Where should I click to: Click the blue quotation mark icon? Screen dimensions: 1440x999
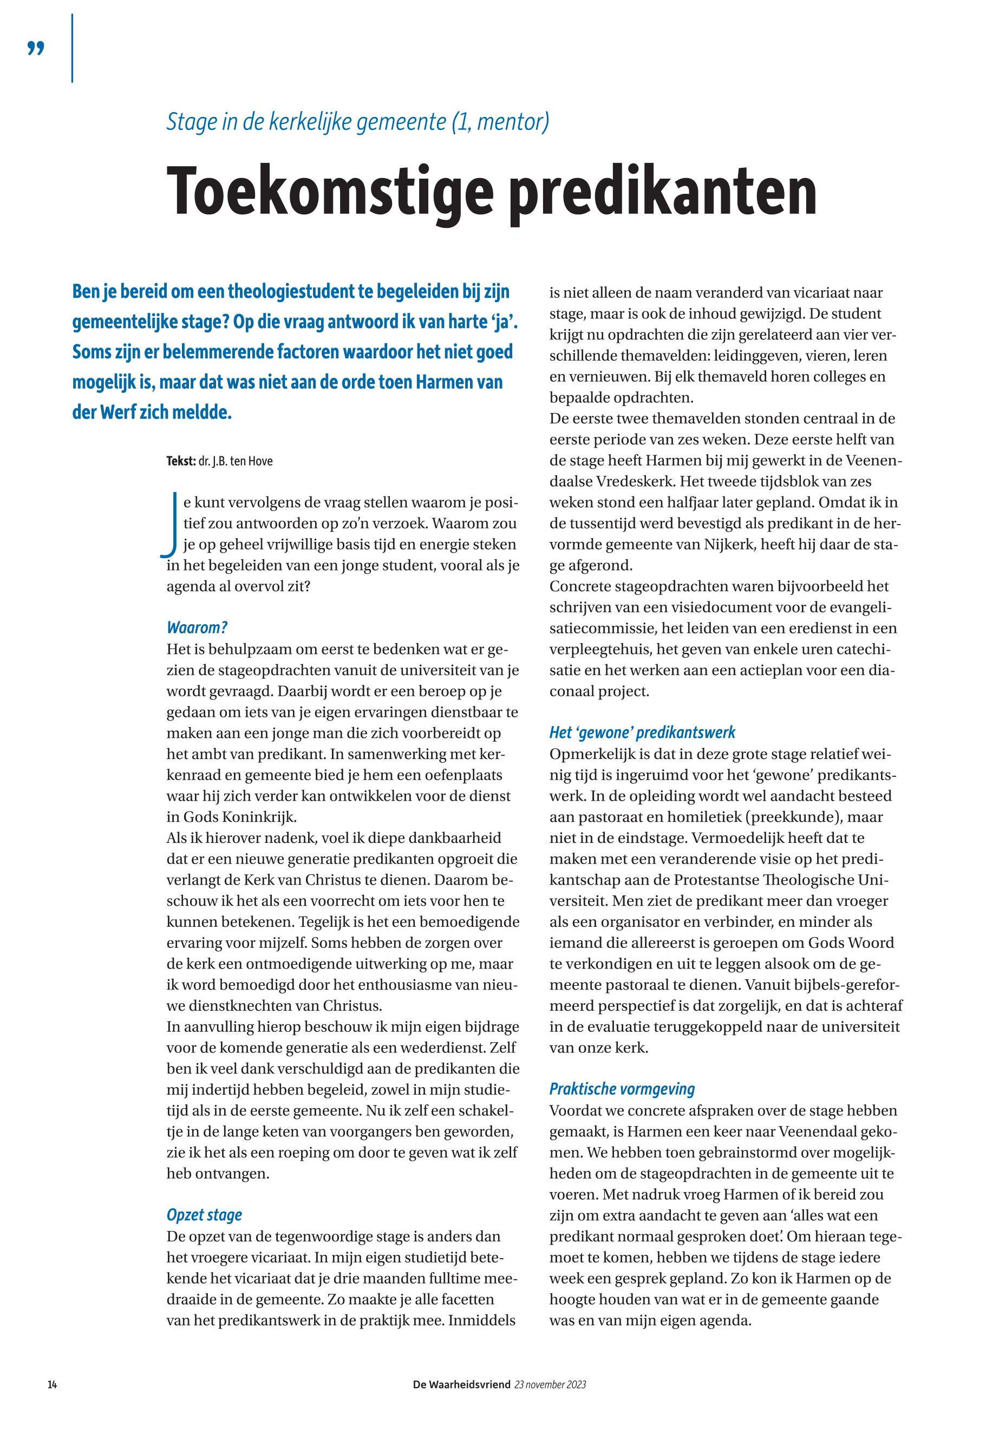[36, 48]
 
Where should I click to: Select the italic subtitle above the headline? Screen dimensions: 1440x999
[357, 122]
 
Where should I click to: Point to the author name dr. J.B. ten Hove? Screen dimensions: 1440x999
[236, 461]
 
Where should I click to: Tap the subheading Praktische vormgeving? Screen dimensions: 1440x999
[622, 1089]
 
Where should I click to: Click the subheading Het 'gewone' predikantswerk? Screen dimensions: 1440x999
[642, 732]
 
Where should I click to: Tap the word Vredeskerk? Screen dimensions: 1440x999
[631, 481]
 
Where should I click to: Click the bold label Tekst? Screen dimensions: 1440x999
[181, 461]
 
